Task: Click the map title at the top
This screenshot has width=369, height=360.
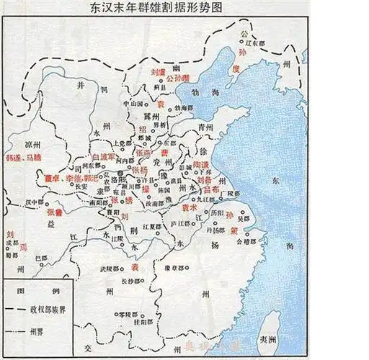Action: pyautogui.click(x=184, y=10)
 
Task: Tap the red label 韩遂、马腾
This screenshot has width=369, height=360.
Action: pyautogui.click(x=25, y=156)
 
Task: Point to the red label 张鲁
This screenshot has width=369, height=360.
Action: pyautogui.click(x=55, y=213)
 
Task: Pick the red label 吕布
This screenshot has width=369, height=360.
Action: pyautogui.click(x=210, y=189)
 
